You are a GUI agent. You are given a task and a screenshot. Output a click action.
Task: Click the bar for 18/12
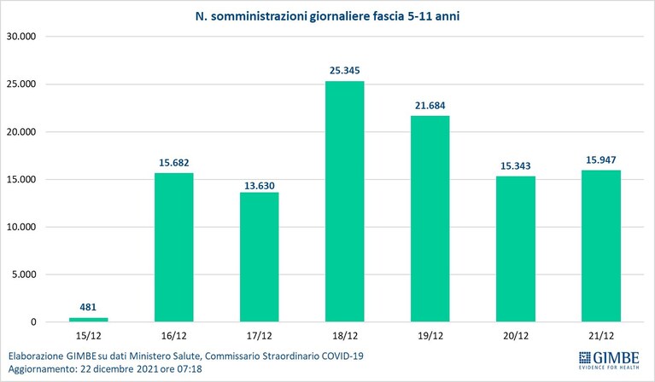(345, 201)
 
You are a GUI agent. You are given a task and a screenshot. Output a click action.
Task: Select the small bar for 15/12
(89, 320)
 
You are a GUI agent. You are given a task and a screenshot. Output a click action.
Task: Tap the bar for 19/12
(430, 219)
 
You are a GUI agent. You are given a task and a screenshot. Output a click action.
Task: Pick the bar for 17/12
(260, 257)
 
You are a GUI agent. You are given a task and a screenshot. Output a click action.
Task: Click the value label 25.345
(345, 71)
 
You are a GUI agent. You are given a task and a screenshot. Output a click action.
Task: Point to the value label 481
(88, 307)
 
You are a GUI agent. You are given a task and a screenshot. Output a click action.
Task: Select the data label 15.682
(173, 163)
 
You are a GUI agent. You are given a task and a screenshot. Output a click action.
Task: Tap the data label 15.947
(600, 160)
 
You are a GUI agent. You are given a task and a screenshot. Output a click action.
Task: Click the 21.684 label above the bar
(430, 106)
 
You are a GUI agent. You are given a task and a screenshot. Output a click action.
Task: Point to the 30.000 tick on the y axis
(21, 37)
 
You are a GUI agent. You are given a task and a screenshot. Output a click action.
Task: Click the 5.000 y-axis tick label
(24, 275)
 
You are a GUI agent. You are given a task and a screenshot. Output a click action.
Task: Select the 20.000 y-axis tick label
(21, 132)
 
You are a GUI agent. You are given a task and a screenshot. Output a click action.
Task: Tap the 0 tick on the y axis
(33, 322)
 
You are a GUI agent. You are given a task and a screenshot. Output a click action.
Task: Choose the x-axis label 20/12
(516, 336)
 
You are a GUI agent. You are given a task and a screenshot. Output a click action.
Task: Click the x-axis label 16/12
(173, 336)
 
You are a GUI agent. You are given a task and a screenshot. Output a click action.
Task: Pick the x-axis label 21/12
(601, 336)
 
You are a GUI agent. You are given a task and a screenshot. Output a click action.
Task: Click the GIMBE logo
(609, 361)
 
